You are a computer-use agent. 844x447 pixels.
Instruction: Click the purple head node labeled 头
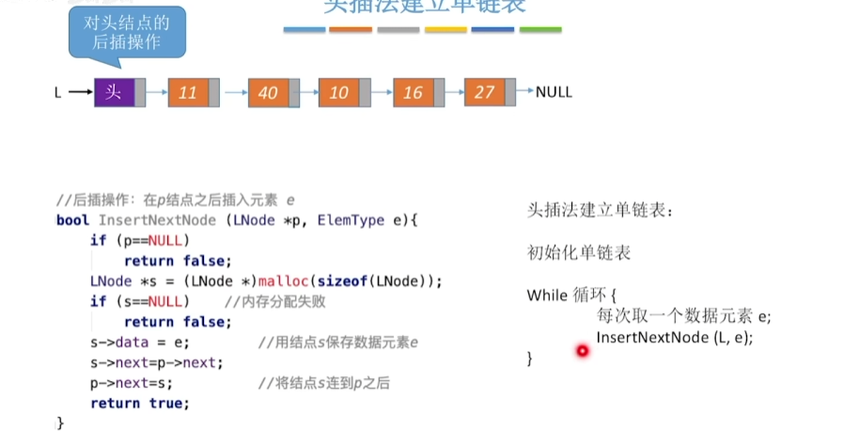click(x=115, y=92)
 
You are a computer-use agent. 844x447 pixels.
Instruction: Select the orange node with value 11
click(x=188, y=92)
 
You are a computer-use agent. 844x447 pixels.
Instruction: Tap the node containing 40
click(x=268, y=92)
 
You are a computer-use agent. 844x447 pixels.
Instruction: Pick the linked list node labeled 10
click(x=339, y=92)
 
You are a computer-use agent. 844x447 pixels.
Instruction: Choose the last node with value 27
click(x=485, y=92)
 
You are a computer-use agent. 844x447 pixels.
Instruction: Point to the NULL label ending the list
click(x=554, y=92)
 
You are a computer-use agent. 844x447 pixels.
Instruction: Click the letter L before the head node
click(x=58, y=92)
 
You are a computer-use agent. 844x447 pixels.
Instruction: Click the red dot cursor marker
click(x=582, y=351)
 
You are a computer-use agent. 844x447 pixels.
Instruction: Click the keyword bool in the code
click(x=73, y=220)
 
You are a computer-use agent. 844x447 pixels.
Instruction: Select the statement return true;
click(x=140, y=403)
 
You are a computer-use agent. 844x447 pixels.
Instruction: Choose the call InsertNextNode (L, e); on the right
click(x=675, y=336)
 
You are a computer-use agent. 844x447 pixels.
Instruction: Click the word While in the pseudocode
click(x=547, y=295)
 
